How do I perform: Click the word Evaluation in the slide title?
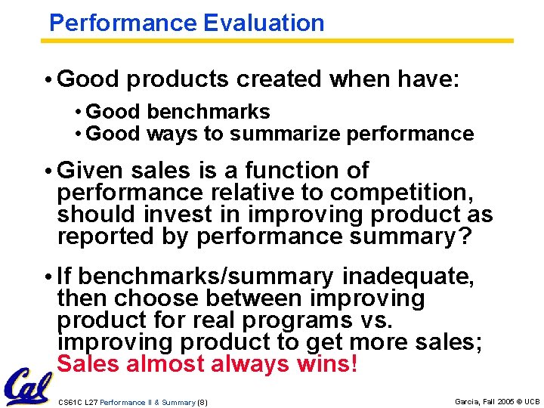pos(264,23)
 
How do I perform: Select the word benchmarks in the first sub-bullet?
pos(209,112)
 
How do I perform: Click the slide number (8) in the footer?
pos(202,401)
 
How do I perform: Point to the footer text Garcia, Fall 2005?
pos(484,401)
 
